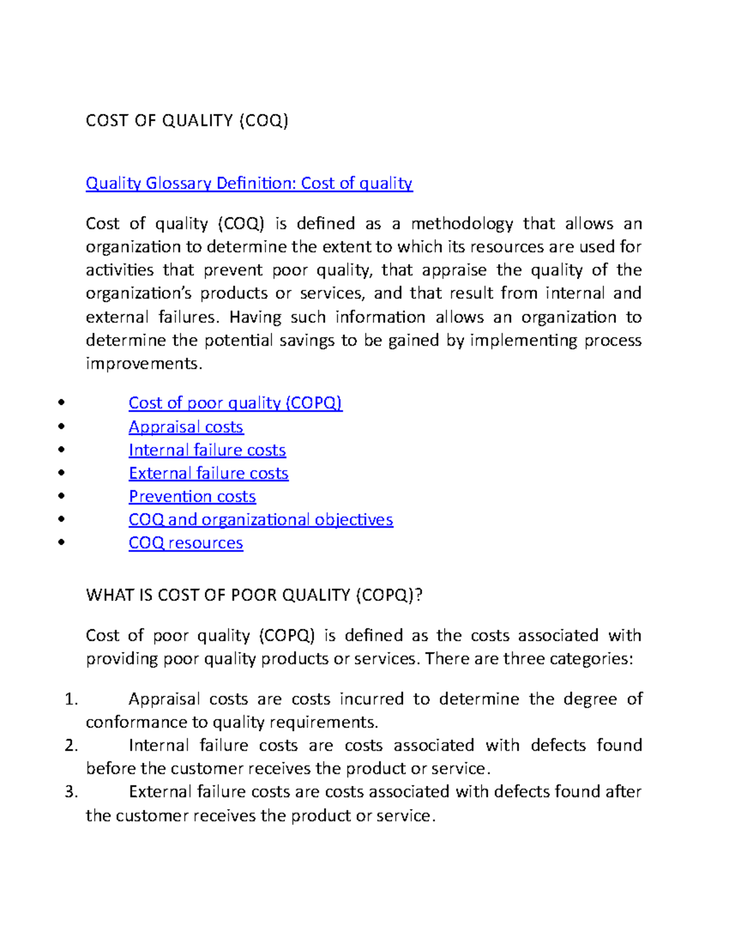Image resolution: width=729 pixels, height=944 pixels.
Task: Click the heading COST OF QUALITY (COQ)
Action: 187,120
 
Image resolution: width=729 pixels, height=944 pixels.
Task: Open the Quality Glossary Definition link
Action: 249,183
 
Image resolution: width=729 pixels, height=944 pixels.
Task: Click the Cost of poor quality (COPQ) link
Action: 235,403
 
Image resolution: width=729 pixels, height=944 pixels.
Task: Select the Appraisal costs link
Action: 186,427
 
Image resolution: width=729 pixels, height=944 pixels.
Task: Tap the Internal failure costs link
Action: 207,450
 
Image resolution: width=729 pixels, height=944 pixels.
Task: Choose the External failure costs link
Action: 208,473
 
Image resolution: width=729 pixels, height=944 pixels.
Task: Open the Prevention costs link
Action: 192,497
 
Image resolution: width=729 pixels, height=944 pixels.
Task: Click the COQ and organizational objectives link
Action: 261,520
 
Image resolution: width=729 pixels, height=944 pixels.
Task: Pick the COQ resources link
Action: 186,543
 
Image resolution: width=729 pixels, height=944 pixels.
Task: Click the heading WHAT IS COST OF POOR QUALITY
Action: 254,594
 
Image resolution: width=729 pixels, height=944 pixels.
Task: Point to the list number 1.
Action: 71,699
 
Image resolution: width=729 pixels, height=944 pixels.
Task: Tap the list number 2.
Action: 71,745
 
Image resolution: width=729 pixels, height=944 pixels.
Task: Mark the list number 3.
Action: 71,791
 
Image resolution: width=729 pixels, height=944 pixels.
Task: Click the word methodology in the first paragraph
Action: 462,224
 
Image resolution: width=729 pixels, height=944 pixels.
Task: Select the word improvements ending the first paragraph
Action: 143,363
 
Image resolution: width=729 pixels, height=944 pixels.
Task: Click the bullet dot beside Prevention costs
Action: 61,496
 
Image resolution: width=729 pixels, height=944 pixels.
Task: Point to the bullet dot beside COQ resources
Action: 61,542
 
